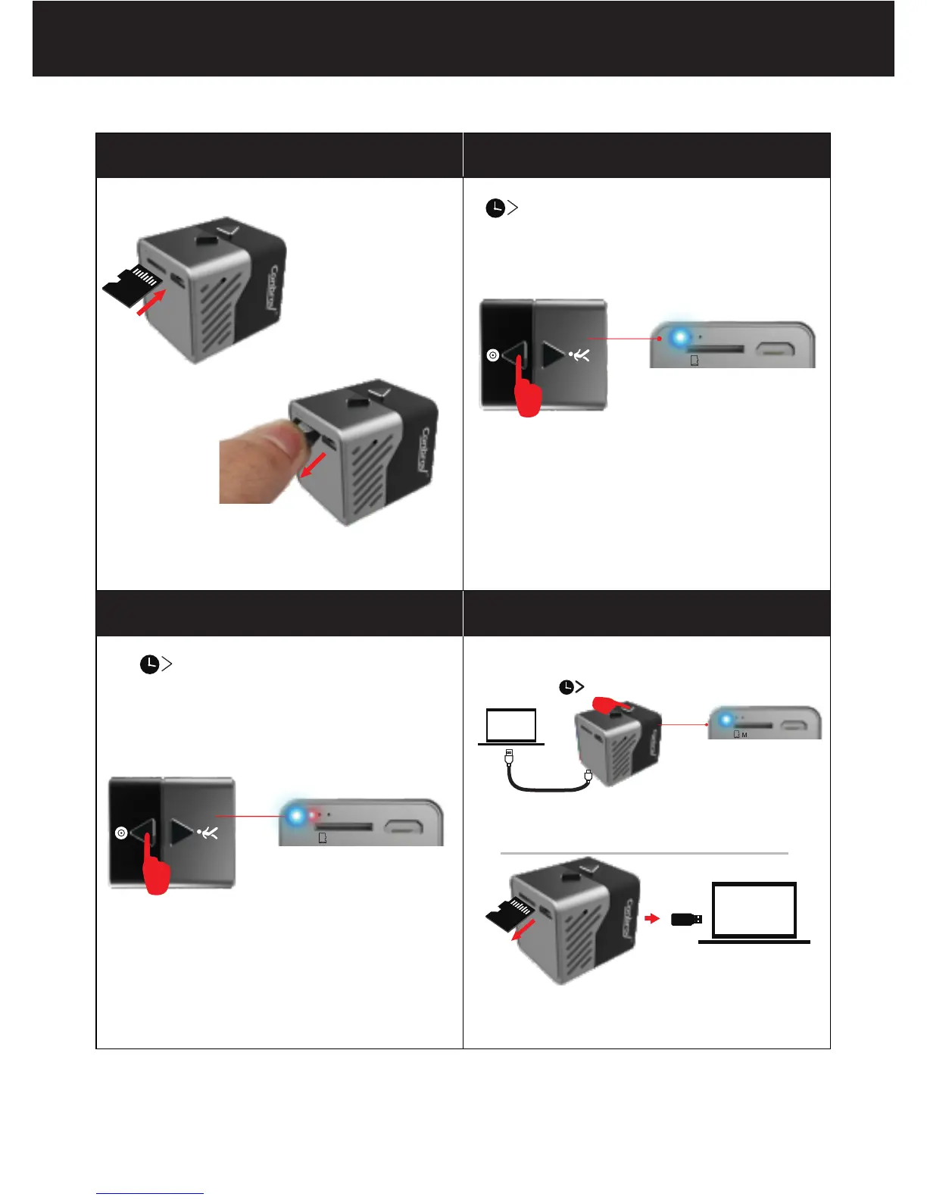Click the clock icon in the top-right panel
(x=495, y=208)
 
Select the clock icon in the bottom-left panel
(x=150, y=664)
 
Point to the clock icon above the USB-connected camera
(x=566, y=687)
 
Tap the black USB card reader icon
(x=686, y=919)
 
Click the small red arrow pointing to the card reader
(x=651, y=919)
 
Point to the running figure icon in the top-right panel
(x=581, y=355)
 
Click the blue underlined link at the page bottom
(x=150, y=1193)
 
